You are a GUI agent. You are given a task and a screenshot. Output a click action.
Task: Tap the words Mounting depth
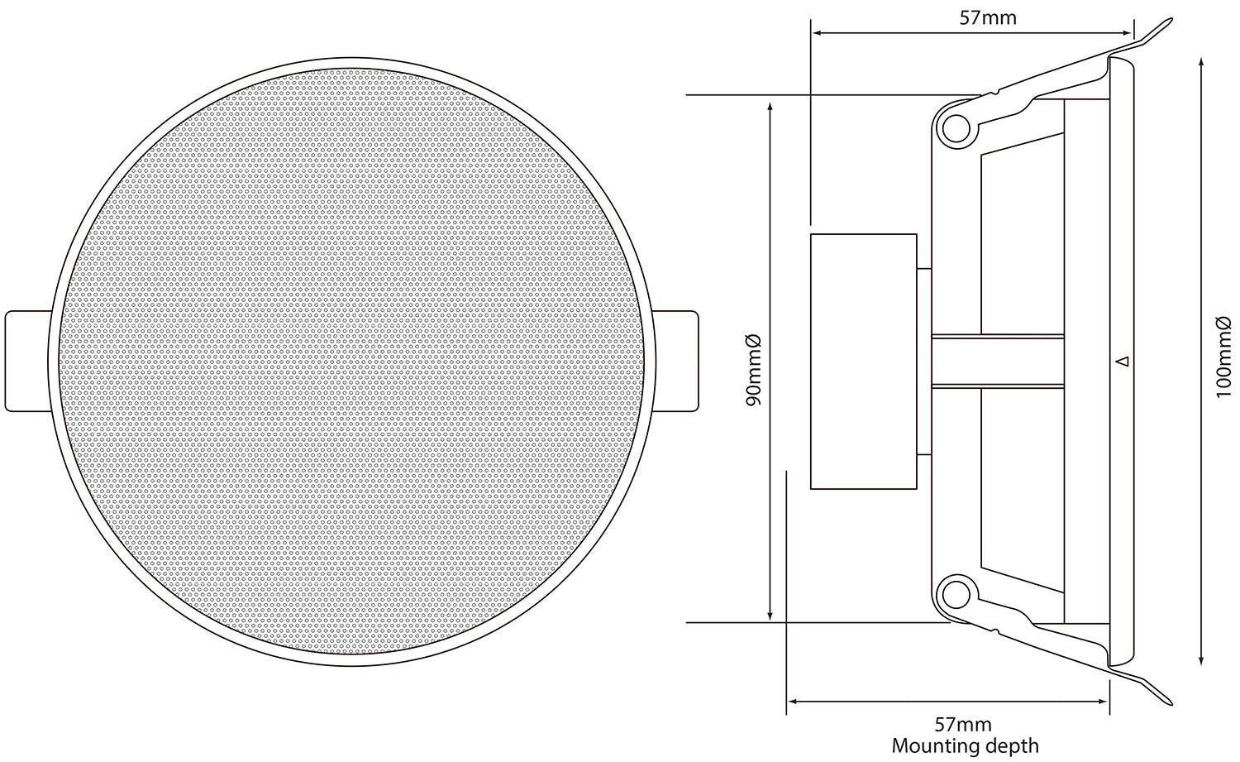click(x=965, y=745)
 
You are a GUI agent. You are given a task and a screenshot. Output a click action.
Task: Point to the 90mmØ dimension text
click(x=753, y=369)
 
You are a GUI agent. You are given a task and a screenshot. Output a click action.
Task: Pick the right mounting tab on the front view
click(x=677, y=360)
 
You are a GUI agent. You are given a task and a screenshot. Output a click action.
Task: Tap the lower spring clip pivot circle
click(x=954, y=592)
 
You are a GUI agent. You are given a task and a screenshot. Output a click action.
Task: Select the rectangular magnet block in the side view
click(x=863, y=362)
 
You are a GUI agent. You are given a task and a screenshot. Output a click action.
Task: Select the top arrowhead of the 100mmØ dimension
click(x=1199, y=63)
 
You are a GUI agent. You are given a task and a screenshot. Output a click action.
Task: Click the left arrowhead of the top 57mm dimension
click(x=817, y=33)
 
